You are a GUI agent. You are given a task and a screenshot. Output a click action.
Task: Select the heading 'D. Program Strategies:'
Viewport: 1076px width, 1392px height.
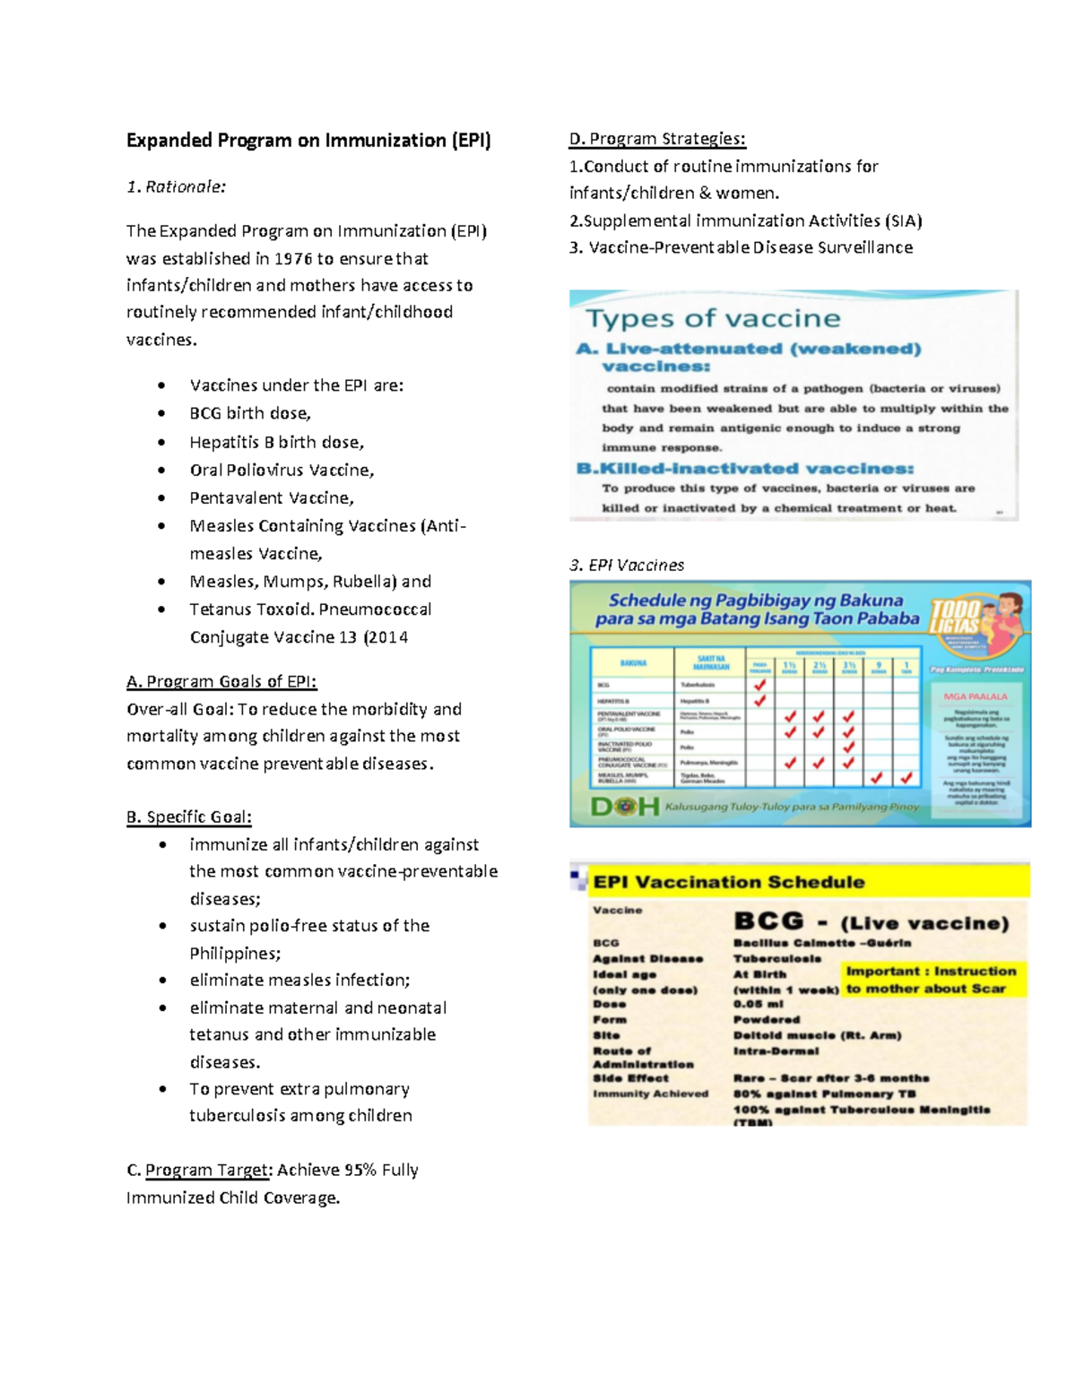click(x=657, y=139)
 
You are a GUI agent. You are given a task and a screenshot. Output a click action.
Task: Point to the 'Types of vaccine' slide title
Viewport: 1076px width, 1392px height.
click(x=713, y=318)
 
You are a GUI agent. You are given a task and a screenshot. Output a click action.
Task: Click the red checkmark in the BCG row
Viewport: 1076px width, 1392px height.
click(x=759, y=685)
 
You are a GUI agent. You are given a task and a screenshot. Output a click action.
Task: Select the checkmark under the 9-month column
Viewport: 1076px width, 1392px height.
click(x=877, y=778)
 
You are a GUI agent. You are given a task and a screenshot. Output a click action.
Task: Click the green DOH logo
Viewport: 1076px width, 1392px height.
click(x=625, y=806)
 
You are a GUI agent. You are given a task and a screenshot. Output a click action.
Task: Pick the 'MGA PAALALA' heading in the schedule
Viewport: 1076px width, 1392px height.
click(x=976, y=696)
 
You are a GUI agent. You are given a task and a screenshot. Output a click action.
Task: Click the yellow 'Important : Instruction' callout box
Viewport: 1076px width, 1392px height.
click(x=932, y=980)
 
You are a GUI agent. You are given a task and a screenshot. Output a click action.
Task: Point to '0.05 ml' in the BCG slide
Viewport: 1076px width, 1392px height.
click(x=758, y=1005)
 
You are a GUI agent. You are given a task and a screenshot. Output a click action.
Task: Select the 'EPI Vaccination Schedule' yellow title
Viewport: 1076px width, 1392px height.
click(x=729, y=882)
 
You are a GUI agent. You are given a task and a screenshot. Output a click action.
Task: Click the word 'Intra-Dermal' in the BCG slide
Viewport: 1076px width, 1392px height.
click(x=776, y=1051)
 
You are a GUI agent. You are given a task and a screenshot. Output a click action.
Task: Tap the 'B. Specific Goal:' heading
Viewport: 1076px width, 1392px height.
click(x=189, y=817)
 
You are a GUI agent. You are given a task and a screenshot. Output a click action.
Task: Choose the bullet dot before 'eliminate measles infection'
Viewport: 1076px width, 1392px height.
click(x=162, y=981)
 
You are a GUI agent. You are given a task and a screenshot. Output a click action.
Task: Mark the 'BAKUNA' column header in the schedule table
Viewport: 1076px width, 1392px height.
click(x=633, y=663)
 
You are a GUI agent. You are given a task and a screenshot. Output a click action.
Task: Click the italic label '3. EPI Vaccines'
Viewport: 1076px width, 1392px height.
click(x=627, y=566)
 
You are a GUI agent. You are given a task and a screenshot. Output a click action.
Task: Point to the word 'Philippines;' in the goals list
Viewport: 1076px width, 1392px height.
click(x=235, y=954)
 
